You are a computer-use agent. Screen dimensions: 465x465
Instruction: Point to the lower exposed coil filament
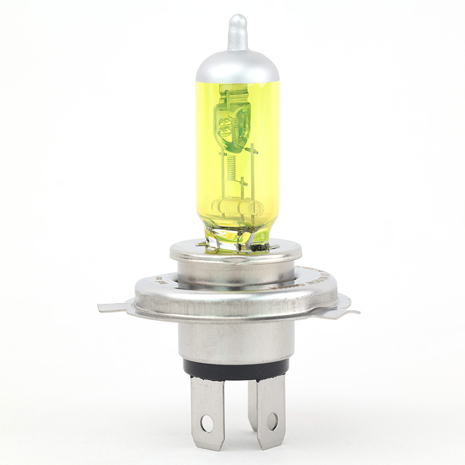tap(231, 166)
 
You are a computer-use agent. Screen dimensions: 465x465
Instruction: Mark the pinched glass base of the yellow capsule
tap(237, 235)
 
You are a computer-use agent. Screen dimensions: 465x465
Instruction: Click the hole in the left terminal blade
tap(207, 423)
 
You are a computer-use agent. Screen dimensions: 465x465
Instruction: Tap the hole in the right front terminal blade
tap(272, 421)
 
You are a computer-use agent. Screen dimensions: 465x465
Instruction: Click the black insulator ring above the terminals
tap(236, 369)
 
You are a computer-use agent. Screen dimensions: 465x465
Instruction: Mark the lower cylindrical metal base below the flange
tap(236, 341)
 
